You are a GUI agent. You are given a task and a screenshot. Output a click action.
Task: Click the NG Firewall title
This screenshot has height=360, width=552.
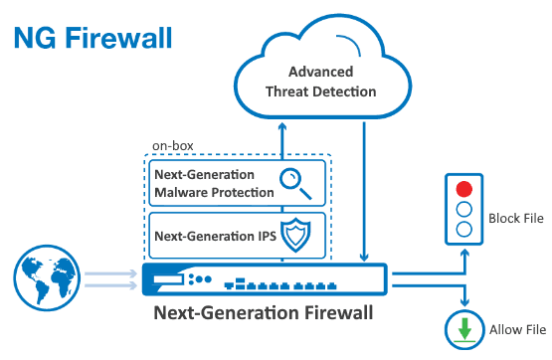pos(92,38)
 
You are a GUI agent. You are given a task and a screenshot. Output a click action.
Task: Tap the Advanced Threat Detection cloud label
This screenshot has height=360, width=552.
pos(320,82)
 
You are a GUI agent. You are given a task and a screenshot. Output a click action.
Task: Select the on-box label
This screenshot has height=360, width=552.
pos(172,145)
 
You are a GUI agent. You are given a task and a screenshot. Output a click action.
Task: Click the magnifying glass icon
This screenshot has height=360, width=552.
pos(295,184)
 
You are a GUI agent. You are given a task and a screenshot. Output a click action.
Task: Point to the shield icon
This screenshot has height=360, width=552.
pos(295,235)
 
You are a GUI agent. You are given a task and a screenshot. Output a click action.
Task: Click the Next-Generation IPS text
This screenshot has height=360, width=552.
pos(215,236)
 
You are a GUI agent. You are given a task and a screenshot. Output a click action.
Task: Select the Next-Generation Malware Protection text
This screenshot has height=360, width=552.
pos(214,183)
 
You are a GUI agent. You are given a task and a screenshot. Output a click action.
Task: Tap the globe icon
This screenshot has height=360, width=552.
pos(47,277)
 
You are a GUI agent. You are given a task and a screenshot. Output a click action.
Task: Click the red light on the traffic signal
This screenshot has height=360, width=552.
pos(464,189)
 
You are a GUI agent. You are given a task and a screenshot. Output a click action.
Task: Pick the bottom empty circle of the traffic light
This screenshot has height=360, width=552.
pos(464,230)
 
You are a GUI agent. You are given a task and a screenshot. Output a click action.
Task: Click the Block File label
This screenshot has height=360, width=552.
pos(516,218)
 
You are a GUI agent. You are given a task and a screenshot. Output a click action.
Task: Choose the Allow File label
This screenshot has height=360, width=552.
pos(517,330)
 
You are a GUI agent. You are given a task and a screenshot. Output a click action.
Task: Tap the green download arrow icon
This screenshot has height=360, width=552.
pos(464,330)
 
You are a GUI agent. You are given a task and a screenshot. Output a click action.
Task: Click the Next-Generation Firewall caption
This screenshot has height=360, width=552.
pos(264,312)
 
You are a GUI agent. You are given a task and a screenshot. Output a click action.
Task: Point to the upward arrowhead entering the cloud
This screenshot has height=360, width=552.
pos(282,127)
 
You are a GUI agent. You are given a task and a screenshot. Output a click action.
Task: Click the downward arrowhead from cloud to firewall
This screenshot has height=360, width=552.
pos(364,257)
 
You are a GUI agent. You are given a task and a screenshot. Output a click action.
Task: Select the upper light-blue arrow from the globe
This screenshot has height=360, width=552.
pos(110,273)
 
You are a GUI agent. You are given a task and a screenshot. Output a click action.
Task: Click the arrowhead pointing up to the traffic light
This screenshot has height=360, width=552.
pos(465,254)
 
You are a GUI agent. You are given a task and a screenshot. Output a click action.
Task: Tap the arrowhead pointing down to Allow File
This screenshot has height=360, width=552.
pos(465,301)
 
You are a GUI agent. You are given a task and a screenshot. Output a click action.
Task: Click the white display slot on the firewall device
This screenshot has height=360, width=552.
pos(168,279)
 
